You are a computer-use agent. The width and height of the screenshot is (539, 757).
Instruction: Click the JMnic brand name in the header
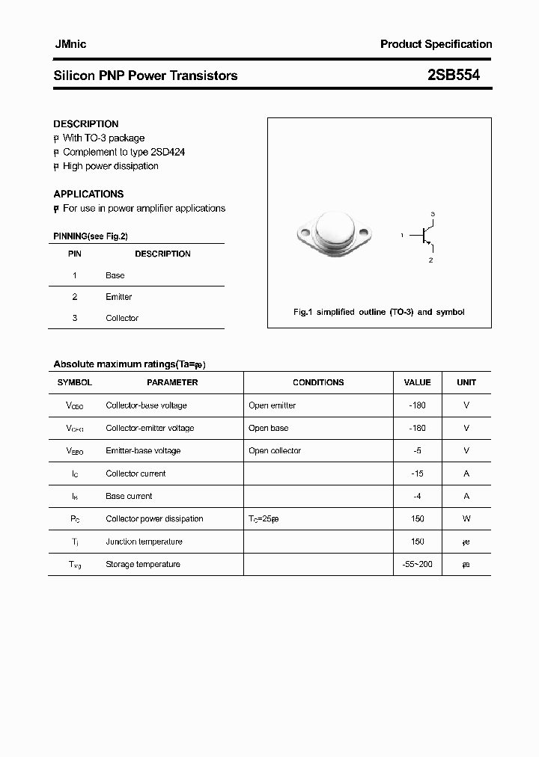[70, 44]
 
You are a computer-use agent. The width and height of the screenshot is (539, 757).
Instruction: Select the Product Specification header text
[436, 44]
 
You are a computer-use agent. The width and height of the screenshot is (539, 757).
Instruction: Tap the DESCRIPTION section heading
[86, 124]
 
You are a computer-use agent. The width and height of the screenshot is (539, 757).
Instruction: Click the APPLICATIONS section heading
[88, 194]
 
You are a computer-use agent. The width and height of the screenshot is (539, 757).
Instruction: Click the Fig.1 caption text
[379, 312]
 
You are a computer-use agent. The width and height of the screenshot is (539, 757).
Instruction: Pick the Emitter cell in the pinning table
[118, 297]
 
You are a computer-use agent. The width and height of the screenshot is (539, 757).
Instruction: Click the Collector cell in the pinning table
[122, 318]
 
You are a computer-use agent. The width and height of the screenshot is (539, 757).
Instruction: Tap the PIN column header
[75, 254]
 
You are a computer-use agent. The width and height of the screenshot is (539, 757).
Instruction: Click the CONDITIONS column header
[318, 382]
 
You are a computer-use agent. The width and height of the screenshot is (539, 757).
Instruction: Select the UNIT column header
[466, 382]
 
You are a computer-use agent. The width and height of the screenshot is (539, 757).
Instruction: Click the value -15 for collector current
[418, 473]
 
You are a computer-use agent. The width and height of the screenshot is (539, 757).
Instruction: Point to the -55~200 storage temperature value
[418, 564]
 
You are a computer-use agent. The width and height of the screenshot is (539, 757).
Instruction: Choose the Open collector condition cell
[275, 450]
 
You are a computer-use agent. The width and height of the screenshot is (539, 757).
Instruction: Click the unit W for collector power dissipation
[466, 518]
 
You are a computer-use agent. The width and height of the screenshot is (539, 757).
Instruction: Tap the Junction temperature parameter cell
[144, 542]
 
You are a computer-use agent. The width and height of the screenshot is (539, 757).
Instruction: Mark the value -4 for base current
[418, 496]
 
